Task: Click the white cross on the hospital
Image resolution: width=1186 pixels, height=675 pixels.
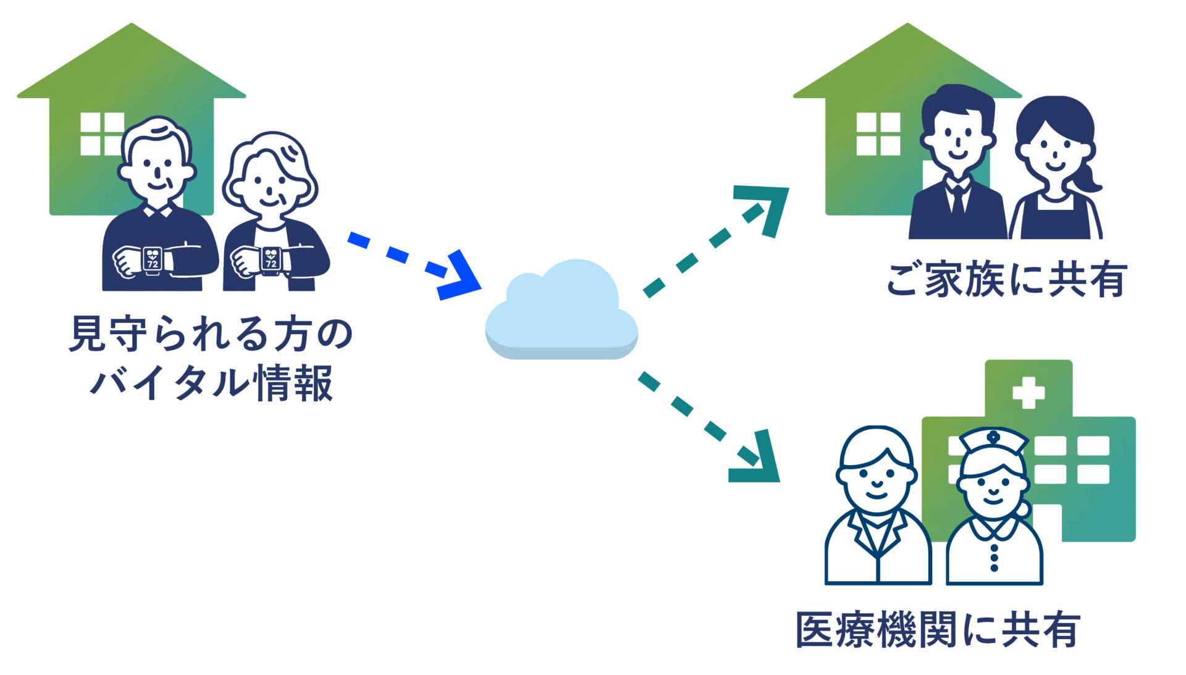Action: point(1028,392)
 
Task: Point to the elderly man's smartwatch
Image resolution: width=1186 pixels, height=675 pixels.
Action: point(152,259)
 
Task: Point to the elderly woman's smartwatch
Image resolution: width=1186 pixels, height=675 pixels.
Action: point(271,259)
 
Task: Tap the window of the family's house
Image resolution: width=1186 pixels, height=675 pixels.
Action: point(878,133)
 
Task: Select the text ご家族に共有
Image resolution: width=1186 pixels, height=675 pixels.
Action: point(1007,280)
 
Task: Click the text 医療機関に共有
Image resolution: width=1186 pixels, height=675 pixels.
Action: point(938,630)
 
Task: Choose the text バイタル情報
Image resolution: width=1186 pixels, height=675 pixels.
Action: point(211,383)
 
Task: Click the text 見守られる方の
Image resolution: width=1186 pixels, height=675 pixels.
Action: point(210,334)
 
